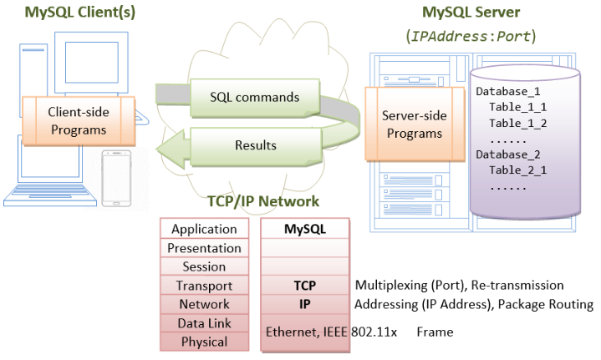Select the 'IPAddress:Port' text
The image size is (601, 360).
click(470, 38)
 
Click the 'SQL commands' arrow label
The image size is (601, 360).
click(255, 97)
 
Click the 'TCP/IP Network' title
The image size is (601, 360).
click(262, 201)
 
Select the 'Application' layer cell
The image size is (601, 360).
click(204, 229)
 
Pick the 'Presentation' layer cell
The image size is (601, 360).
click(204, 248)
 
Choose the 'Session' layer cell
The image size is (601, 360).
click(204, 266)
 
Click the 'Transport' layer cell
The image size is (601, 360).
click(204, 286)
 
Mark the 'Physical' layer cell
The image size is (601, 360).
click(204, 341)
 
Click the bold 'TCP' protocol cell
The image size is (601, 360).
click(305, 286)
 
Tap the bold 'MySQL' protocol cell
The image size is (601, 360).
click(305, 229)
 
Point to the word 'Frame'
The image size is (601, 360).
click(435, 332)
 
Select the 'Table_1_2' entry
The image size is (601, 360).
click(517, 123)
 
